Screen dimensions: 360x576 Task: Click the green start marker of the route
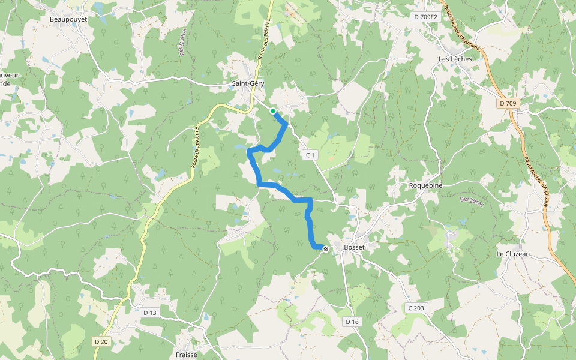[x=273, y=111]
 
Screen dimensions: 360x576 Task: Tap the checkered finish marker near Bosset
[x=326, y=248]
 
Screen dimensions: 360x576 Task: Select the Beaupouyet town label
[x=68, y=19]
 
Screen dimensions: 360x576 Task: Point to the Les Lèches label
[x=455, y=59]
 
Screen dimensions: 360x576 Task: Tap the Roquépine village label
[x=425, y=185]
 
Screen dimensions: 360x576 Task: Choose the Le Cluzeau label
[x=513, y=254]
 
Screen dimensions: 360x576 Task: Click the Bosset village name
[x=354, y=247]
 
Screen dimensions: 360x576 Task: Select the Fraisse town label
[x=186, y=355]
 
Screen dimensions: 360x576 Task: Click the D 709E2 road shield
[x=425, y=17]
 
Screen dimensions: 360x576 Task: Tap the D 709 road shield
[x=507, y=104]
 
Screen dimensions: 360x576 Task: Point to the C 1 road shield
[x=310, y=155]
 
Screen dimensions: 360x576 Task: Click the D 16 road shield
[x=352, y=322]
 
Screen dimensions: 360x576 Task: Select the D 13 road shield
[x=149, y=313]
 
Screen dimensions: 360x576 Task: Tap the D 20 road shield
[x=101, y=341]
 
